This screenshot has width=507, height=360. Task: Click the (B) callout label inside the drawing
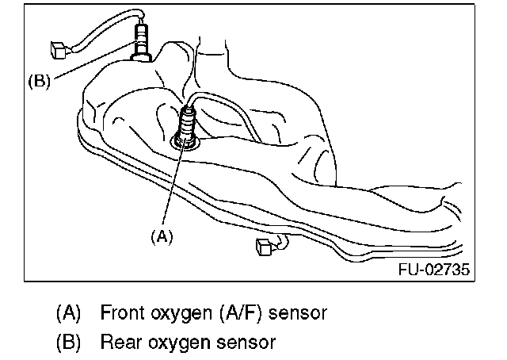(40, 80)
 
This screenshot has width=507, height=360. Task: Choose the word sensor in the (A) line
(297, 312)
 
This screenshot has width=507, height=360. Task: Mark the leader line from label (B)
(87, 65)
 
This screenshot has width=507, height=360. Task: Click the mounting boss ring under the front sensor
(185, 144)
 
